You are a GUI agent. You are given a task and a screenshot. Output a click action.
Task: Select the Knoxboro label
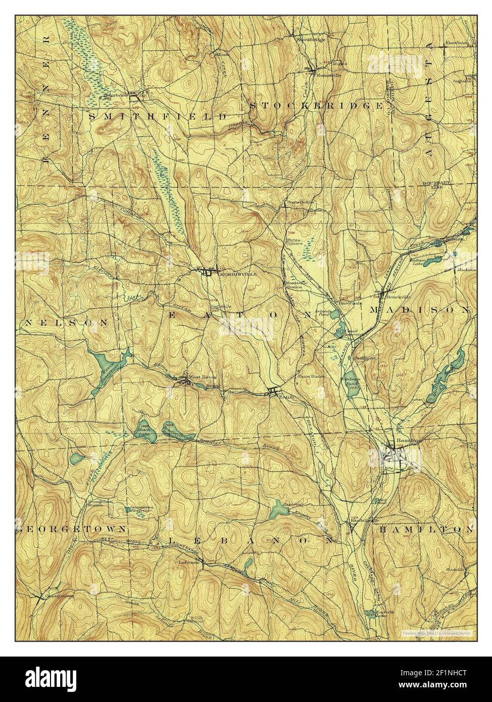tap(457, 43)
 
